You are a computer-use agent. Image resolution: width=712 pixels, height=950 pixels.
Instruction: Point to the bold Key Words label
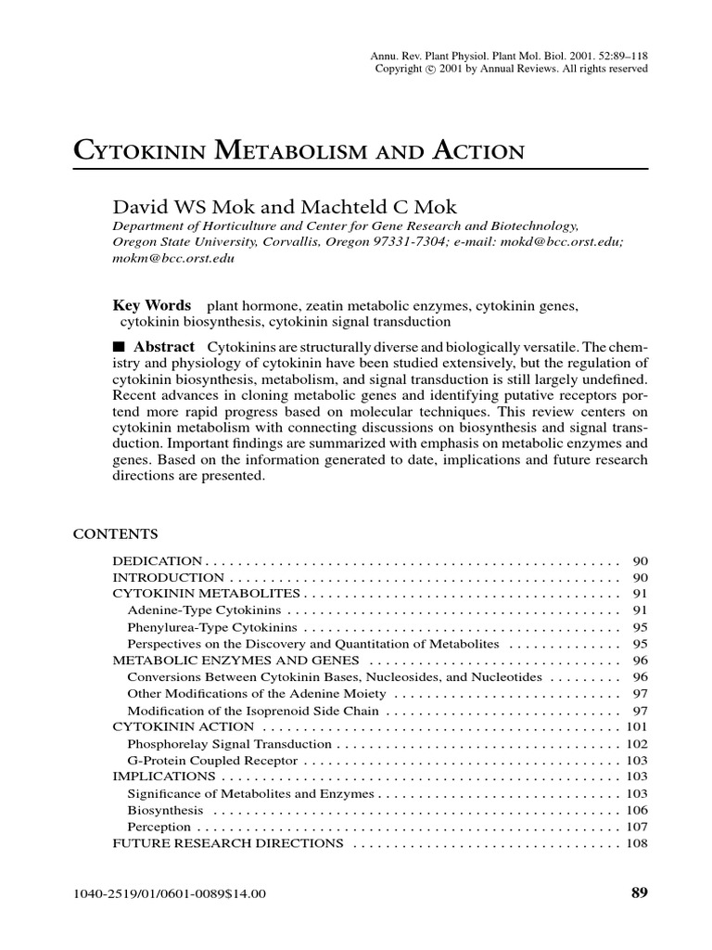[151, 305]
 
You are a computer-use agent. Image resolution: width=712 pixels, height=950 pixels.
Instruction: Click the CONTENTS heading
[115, 534]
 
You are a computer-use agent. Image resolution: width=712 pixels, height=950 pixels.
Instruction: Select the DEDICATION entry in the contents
[157, 561]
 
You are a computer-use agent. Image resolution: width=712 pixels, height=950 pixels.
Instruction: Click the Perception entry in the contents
[159, 827]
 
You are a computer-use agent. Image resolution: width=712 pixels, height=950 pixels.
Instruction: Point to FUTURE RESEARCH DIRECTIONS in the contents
[228, 843]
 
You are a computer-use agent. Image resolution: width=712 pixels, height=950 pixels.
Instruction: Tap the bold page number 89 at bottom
[639, 893]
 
